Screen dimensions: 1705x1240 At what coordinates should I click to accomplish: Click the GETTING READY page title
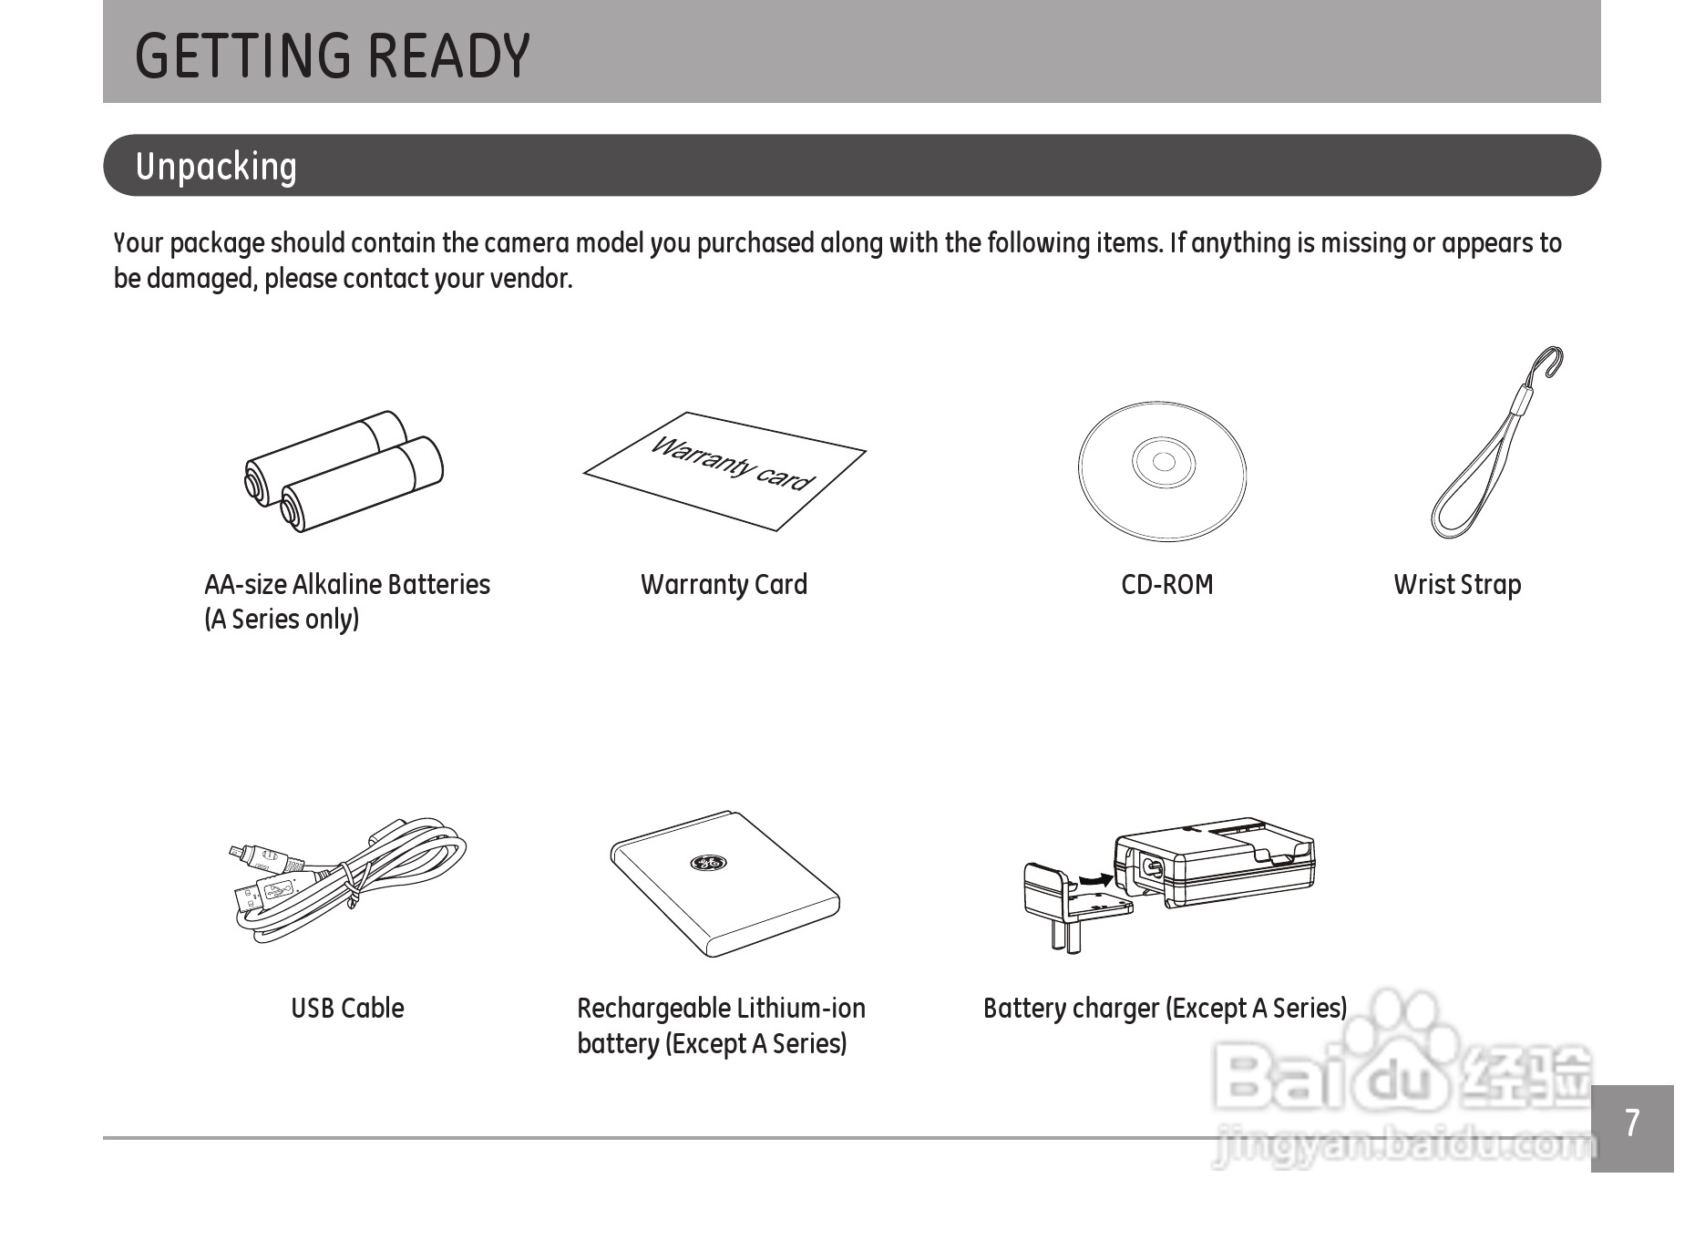pyautogui.click(x=333, y=56)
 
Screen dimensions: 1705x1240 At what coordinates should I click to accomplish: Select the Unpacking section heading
pyautogui.click(x=216, y=167)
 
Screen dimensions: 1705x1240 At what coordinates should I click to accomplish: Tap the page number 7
pyautogui.click(x=1632, y=1123)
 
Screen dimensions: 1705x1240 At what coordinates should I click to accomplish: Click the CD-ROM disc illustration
pyautogui.click(x=1162, y=471)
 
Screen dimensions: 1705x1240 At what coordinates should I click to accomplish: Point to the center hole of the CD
pyautogui.click(x=1164, y=461)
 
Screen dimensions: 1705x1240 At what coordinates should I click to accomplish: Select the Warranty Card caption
pyautogui.click(x=724, y=585)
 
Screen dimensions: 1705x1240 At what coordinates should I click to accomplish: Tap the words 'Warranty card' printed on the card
pyautogui.click(x=731, y=463)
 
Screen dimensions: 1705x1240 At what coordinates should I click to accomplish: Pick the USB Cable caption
pyautogui.click(x=347, y=1009)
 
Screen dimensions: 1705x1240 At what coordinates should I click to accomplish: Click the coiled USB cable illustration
pyautogui.click(x=348, y=879)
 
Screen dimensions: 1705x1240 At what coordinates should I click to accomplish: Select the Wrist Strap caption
pyautogui.click(x=1457, y=585)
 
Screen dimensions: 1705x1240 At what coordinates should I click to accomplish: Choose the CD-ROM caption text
pyautogui.click(x=1167, y=585)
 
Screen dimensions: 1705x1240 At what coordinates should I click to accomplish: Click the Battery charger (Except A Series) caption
pyautogui.click(x=1165, y=1009)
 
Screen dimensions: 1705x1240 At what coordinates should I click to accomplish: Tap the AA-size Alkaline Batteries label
pyautogui.click(x=347, y=585)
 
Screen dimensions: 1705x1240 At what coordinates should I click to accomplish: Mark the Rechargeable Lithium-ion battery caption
pyautogui.click(x=721, y=1026)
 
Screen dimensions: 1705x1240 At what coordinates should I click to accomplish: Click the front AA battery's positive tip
pyautogui.click(x=290, y=510)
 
